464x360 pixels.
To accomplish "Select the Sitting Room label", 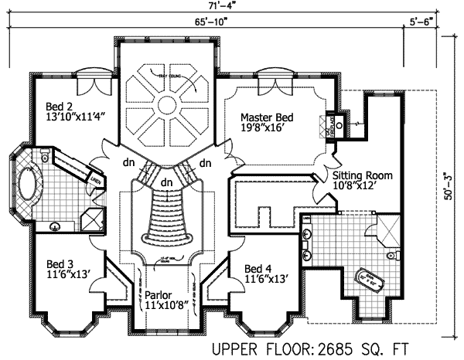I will coord(363,175).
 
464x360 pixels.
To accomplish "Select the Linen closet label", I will coord(97,182).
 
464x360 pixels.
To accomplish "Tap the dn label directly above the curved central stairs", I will coord(166,182).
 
